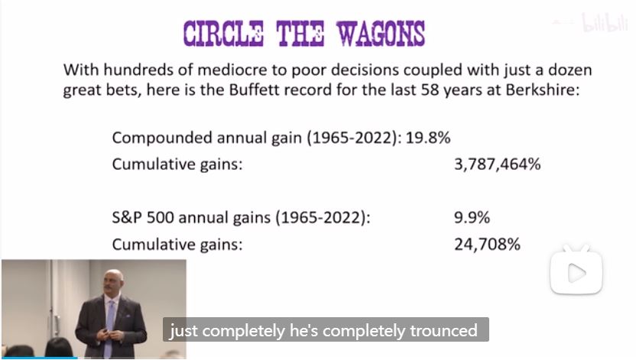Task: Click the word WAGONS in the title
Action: click(x=381, y=33)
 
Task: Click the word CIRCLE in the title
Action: click(x=223, y=33)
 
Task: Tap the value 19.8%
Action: click(x=428, y=138)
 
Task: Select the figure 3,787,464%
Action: click(x=498, y=164)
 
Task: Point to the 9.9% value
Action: click(x=472, y=218)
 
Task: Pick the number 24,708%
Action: click(x=487, y=245)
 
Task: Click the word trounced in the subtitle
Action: click(x=443, y=330)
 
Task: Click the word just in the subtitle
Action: click(x=183, y=331)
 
